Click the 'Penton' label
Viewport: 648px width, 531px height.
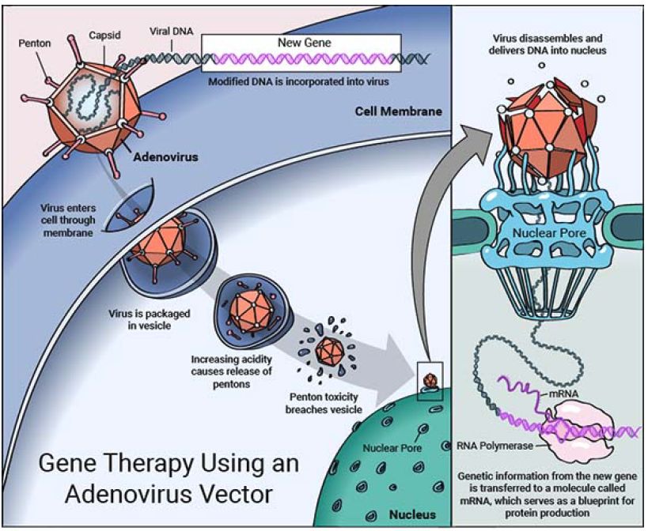tap(35, 43)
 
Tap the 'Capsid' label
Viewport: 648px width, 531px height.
tap(104, 36)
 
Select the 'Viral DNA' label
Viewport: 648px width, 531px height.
tap(171, 32)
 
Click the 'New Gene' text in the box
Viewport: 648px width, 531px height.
tap(304, 43)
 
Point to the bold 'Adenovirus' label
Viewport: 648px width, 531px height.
tap(165, 157)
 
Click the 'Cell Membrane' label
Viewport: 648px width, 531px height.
tap(399, 111)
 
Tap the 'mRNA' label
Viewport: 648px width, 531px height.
tap(563, 394)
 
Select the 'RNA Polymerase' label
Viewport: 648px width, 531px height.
tap(495, 446)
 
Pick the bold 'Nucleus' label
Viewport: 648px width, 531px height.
tap(412, 514)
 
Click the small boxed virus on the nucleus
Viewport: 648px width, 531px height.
tap(430, 382)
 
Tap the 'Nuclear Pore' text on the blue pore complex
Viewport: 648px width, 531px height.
tap(549, 233)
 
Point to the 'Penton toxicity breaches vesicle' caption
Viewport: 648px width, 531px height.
tap(324, 403)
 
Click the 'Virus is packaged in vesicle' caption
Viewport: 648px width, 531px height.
tap(150, 319)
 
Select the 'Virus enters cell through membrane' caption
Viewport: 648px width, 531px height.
tap(68, 220)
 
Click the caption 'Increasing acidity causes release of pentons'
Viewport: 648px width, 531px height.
tap(231, 371)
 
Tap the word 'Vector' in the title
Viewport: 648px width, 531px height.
tap(233, 495)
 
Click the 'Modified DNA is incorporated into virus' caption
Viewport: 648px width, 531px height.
tap(298, 81)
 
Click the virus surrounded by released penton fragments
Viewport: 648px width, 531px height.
tap(329, 352)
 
